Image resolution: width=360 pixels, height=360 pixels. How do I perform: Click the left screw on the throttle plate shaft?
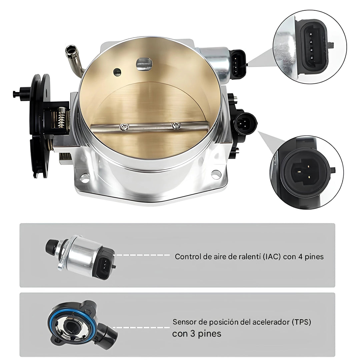pyautogui.click(x=124, y=127)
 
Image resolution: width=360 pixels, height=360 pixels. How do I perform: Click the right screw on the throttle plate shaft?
pyautogui.click(x=176, y=125)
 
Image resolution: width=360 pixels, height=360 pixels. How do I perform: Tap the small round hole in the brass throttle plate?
pyautogui.click(x=117, y=72)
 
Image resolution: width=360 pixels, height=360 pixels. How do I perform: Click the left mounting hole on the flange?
pyautogui.click(x=85, y=178)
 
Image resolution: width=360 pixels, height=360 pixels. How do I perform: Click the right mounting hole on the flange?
pyautogui.click(x=216, y=174)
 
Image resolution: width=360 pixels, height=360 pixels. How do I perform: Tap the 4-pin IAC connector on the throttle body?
pyautogui.click(x=239, y=64)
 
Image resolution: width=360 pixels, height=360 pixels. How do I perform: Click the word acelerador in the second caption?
pyautogui.click(x=271, y=322)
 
